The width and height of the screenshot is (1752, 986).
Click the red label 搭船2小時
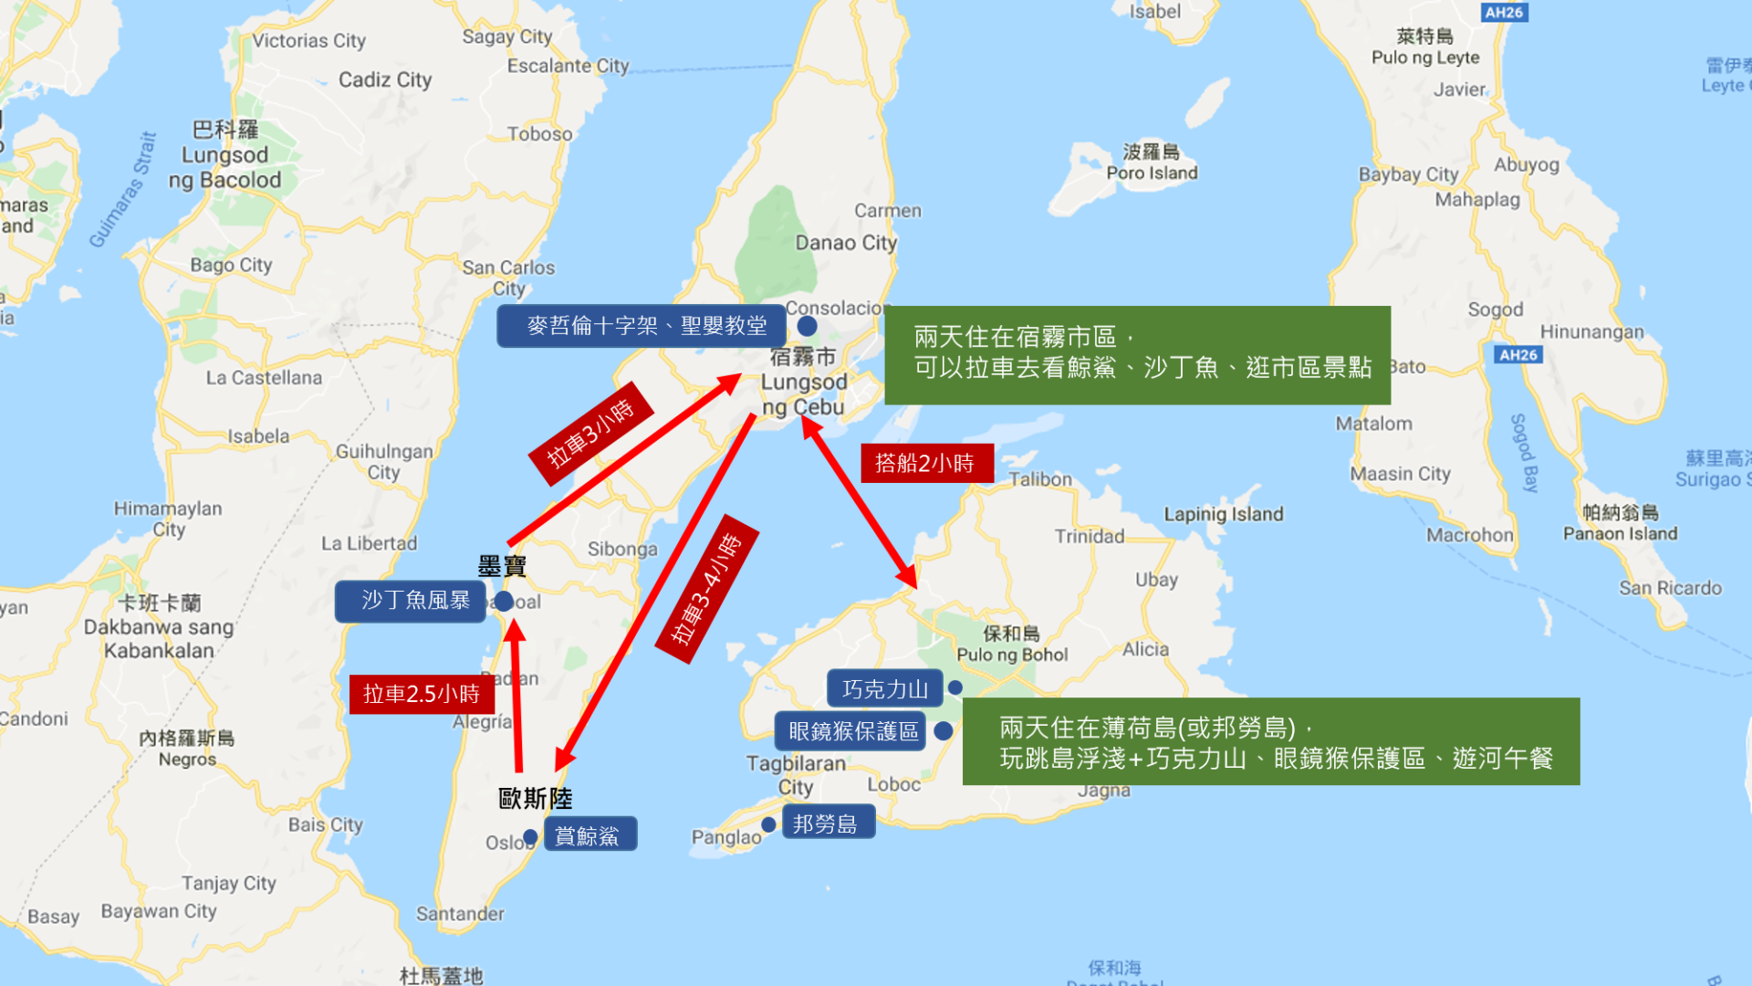point(926,464)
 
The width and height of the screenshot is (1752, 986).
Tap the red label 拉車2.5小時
point(422,695)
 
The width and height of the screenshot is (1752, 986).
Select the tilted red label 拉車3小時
point(590,434)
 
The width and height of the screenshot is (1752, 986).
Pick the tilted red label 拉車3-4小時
point(707,589)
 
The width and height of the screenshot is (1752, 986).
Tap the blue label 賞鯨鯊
point(589,835)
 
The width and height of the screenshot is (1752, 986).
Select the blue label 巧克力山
point(884,689)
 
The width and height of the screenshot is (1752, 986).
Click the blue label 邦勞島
point(827,823)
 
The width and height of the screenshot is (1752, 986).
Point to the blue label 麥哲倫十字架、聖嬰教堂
point(641,326)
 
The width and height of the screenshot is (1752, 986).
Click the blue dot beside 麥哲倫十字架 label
point(807,326)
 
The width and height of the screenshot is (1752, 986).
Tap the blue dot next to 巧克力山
point(955,687)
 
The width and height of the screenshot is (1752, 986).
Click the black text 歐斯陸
point(536,799)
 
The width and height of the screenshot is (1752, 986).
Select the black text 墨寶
point(502,567)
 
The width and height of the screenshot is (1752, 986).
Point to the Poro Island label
point(1152,173)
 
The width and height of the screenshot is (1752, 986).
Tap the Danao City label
point(846,243)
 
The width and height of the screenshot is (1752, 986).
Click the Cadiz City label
point(385,80)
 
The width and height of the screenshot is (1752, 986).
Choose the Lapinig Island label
point(1223,514)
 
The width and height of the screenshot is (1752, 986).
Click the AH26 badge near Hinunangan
point(1518,354)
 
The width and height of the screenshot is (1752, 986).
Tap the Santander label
point(460,914)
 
